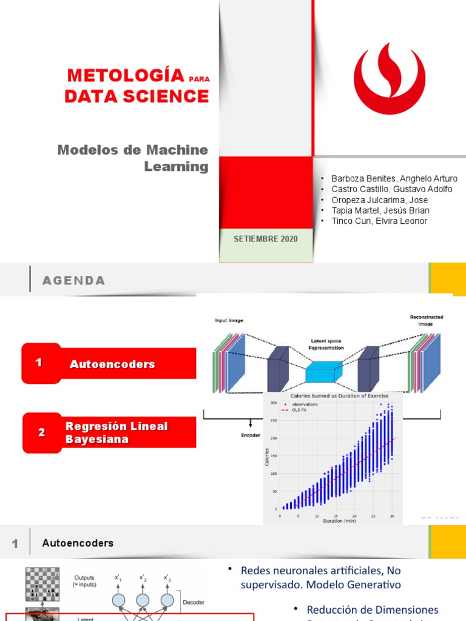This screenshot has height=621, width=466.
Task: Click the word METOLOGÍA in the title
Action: pyautogui.click(x=126, y=76)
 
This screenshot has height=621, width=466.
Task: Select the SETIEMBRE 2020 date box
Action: pyautogui.click(x=266, y=239)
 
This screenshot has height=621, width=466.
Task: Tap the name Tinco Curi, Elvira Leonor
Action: pyautogui.click(x=379, y=221)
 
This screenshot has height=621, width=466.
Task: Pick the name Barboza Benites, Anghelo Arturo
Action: pyautogui.click(x=394, y=179)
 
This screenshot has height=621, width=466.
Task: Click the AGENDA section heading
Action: pyautogui.click(x=73, y=280)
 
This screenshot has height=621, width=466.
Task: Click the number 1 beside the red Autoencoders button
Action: pyautogui.click(x=39, y=363)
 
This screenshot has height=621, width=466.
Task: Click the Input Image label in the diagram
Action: pyautogui.click(x=229, y=320)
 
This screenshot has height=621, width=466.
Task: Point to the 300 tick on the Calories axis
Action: pyautogui.click(x=273, y=403)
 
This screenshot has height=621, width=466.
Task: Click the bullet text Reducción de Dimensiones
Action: pyautogui.click(x=372, y=609)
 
